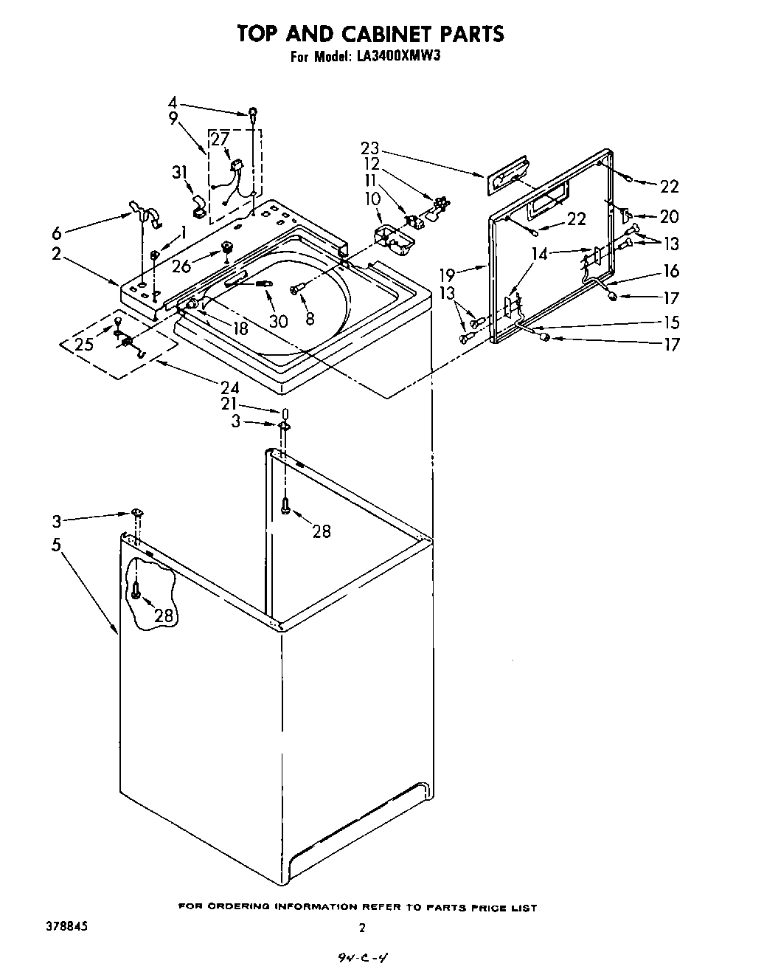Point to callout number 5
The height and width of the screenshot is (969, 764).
click(x=57, y=545)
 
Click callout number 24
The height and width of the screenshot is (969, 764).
click(x=230, y=386)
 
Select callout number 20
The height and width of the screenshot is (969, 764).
click(x=670, y=216)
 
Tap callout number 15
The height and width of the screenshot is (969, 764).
click(x=670, y=323)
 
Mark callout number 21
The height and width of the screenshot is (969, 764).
click(x=229, y=403)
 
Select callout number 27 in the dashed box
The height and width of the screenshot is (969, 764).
click(x=220, y=139)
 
